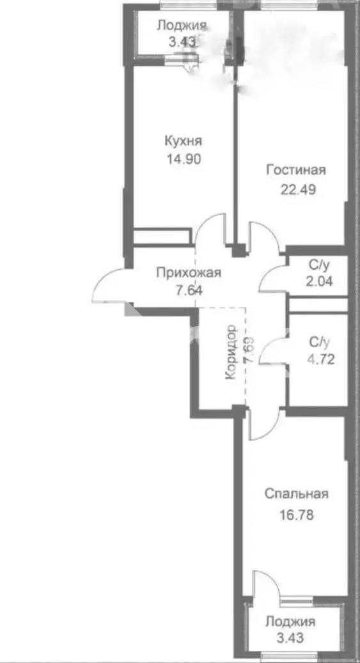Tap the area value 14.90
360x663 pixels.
[x=184, y=159]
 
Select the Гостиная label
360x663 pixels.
[x=295, y=170]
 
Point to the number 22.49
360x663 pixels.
[x=298, y=189]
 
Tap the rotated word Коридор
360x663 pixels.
[x=231, y=352]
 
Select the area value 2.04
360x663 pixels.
[x=319, y=281]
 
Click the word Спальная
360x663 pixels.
[x=297, y=494]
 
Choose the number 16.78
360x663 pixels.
[x=297, y=515]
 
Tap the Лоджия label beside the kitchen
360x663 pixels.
[x=182, y=26]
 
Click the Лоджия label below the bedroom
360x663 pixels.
[x=290, y=621]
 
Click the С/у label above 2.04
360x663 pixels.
[x=319, y=265]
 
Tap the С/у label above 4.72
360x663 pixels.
[x=319, y=341]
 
